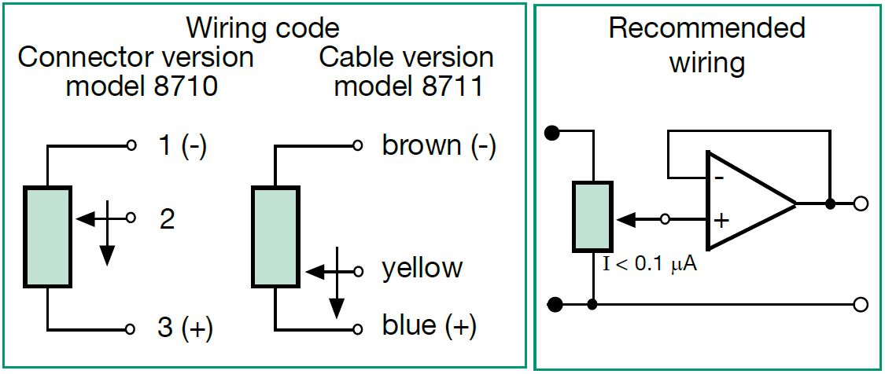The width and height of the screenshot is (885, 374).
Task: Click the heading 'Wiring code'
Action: click(262, 28)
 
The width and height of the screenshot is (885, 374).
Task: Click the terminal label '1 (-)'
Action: click(182, 146)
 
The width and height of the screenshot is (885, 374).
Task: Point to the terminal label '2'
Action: click(167, 219)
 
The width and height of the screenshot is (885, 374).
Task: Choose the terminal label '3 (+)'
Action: click(185, 328)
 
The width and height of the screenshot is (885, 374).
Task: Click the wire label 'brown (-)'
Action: click(439, 146)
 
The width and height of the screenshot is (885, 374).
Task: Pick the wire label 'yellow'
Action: click(422, 269)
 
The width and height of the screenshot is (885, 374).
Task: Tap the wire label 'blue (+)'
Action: click(429, 326)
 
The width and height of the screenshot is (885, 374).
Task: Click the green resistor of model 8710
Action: click(47, 236)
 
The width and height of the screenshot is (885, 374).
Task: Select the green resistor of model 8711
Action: click(275, 236)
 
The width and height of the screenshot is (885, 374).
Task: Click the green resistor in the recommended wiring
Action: click(592, 218)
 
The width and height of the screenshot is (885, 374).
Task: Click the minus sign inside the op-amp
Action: click(718, 178)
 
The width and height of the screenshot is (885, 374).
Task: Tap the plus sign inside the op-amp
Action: click(721, 220)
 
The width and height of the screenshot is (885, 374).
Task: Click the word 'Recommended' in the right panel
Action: click(706, 28)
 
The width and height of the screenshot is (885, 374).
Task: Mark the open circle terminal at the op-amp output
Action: click(861, 203)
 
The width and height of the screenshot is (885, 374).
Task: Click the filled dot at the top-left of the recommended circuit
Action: click(552, 131)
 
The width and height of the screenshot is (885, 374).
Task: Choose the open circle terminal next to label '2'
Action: click(131, 218)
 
